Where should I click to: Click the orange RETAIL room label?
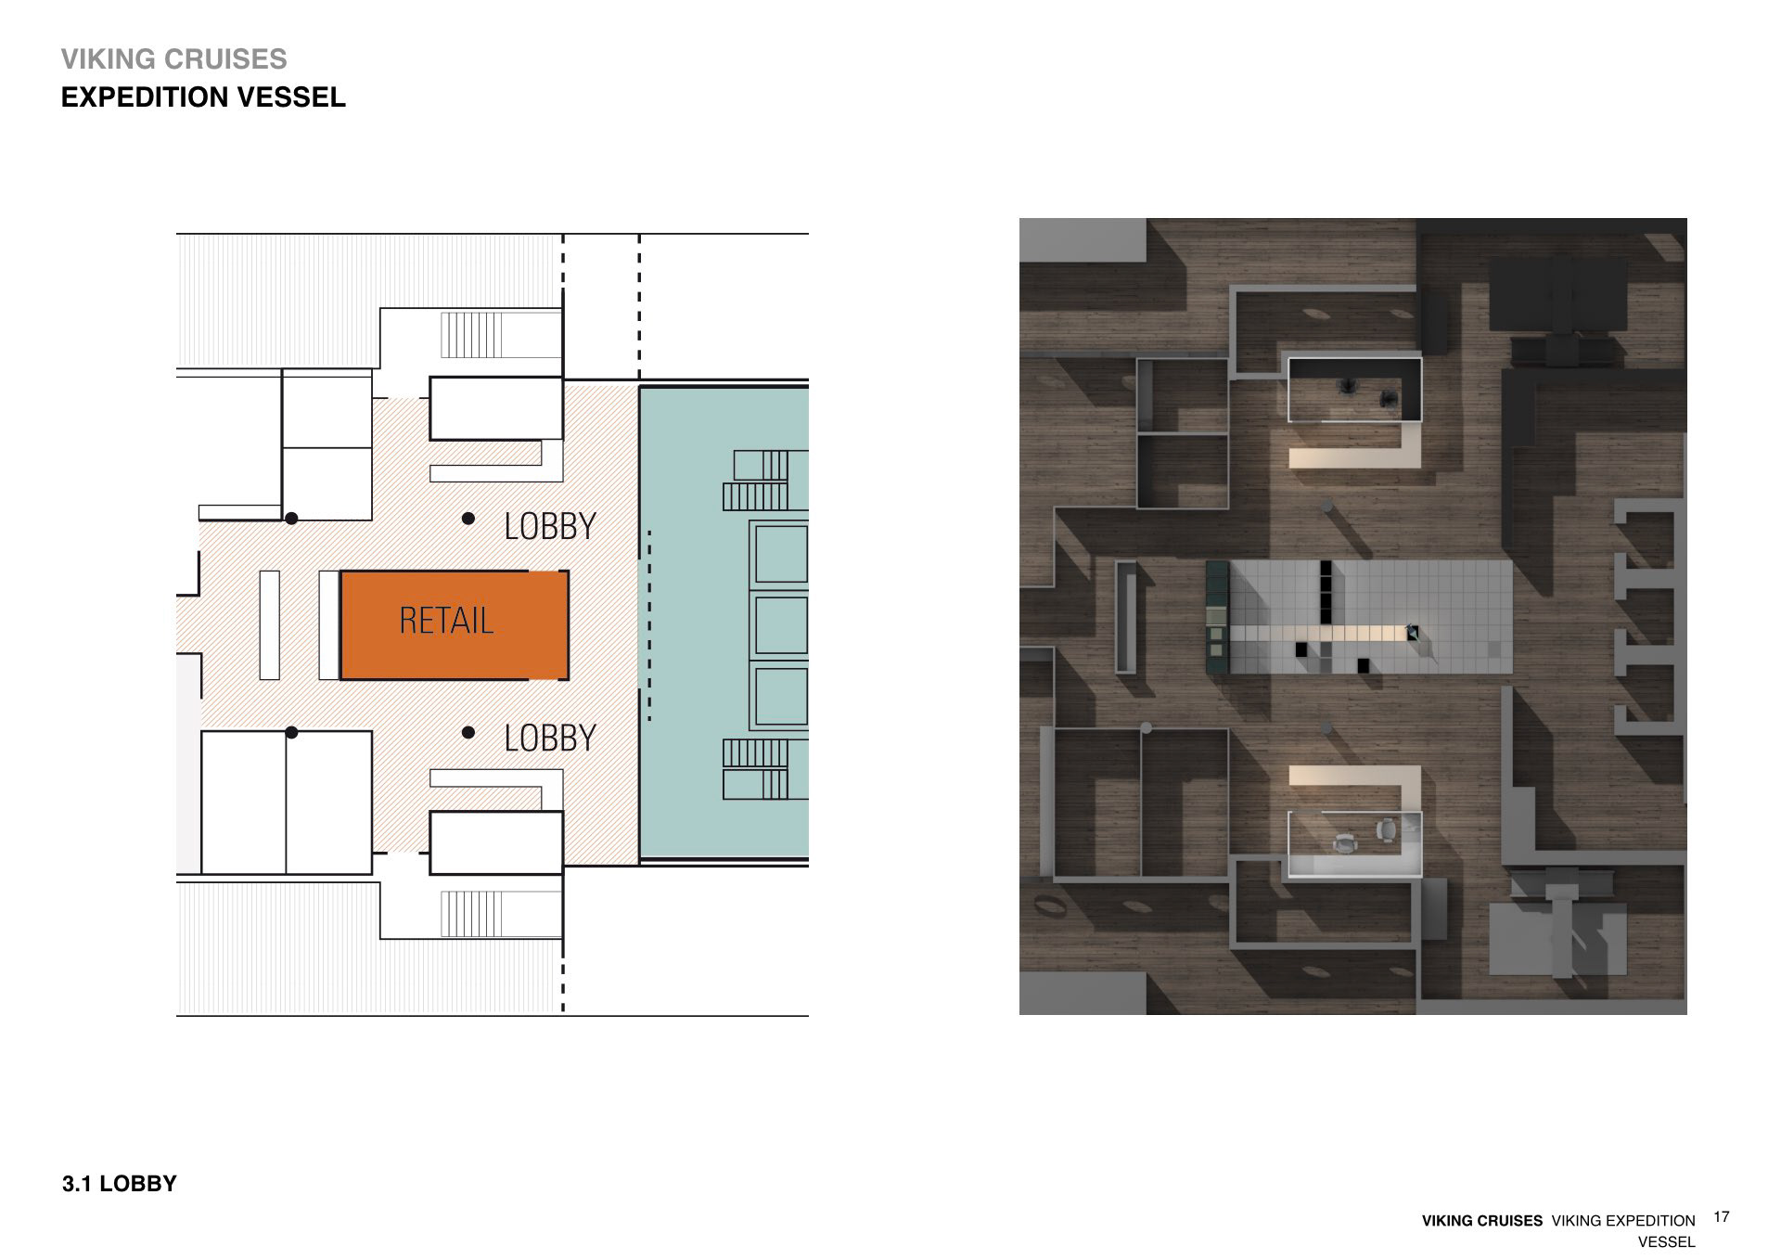pos(446,621)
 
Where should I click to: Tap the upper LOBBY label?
pos(550,526)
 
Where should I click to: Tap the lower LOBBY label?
pos(550,738)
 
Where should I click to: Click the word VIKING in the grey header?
pos(103,59)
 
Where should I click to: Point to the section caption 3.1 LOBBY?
pos(119,1184)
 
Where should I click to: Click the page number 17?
pos(1722,1216)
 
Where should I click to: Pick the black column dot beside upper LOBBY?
pos(469,519)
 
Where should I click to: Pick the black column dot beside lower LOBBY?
pos(469,733)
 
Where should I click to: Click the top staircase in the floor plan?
pos(471,335)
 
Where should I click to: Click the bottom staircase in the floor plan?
pos(471,914)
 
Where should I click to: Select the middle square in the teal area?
pos(780,625)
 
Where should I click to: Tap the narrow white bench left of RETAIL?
pos(270,624)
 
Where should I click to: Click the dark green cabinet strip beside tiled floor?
pos(1216,617)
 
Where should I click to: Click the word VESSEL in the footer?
pos(1666,1241)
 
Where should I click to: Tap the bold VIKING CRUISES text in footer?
pos(1482,1221)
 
